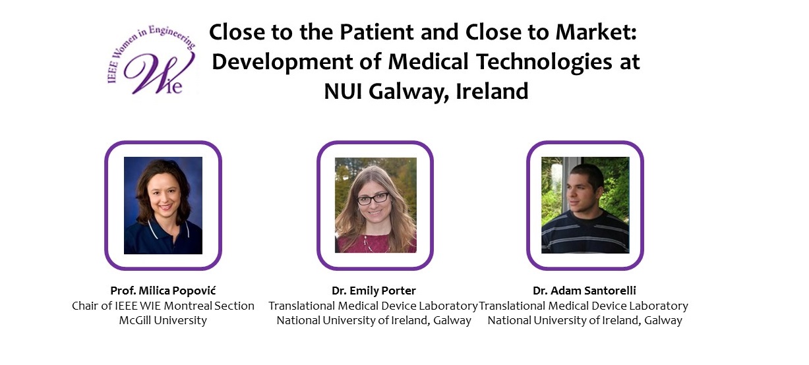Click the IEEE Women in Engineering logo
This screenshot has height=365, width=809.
click(x=152, y=59)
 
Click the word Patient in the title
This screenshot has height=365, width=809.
click(x=376, y=32)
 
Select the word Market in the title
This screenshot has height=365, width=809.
click(x=595, y=32)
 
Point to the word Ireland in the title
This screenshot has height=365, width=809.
click(x=492, y=91)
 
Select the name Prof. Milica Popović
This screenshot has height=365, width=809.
click(x=163, y=291)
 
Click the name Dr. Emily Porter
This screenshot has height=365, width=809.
click(x=374, y=291)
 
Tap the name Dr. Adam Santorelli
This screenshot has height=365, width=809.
click(x=584, y=291)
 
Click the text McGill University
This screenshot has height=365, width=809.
click(x=163, y=320)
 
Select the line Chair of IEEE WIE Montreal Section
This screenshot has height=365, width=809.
click(x=163, y=306)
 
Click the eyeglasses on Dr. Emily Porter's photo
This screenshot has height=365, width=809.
click(x=373, y=198)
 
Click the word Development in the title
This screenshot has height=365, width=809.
click(x=282, y=62)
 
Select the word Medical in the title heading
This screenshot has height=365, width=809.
click(x=428, y=61)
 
